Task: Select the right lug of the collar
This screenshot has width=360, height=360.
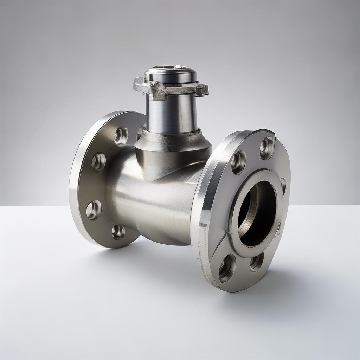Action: pyautogui.click(x=202, y=90)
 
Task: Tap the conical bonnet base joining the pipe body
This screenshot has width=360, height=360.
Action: pyautogui.click(x=172, y=151)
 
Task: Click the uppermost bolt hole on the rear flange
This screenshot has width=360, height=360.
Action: pyautogui.click(x=121, y=136)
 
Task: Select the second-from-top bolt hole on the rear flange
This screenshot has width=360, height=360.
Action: pyautogui.click(x=98, y=161)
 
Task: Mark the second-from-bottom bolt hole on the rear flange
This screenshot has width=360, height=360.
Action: pyautogui.click(x=94, y=210)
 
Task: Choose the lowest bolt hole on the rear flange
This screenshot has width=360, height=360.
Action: pyautogui.click(x=118, y=232)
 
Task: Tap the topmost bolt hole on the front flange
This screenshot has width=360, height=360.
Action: pyautogui.click(x=266, y=148)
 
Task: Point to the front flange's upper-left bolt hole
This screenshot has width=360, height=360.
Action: pyautogui.click(x=238, y=162)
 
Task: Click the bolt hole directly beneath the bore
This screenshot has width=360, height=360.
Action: pyautogui.click(x=256, y=262)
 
